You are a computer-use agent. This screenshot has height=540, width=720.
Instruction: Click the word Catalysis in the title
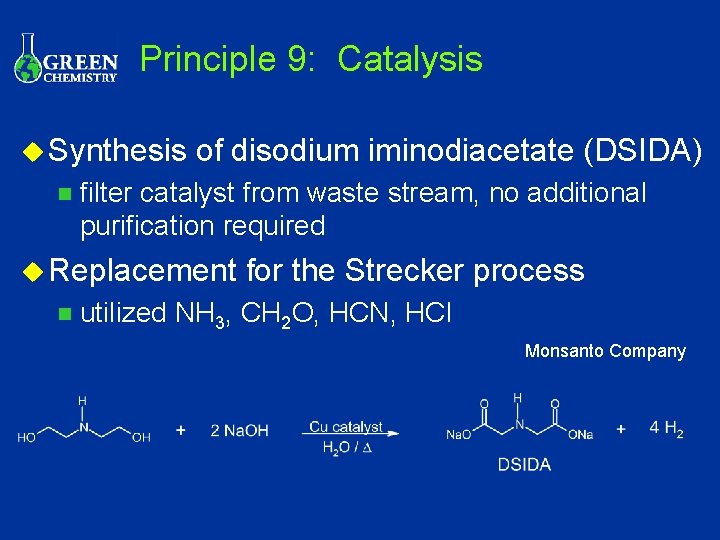(x=410, y=59)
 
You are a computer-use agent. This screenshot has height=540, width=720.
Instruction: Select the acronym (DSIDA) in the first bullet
(x=641, y=151)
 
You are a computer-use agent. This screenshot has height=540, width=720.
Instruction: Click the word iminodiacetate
(x=469, y=151)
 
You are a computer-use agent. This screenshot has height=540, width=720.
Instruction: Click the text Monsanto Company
(x=605, y=351)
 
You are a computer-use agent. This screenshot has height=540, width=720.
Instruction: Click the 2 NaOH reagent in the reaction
(x=239, y=431)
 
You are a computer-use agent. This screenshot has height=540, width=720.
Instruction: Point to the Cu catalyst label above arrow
(x=345, y=427)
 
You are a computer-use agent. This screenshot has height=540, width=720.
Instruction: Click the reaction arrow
(x=350, y=434)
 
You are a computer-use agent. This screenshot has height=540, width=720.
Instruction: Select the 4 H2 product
(x=666, y=429)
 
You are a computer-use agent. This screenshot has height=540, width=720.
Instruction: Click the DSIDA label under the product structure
(x=524, y=465)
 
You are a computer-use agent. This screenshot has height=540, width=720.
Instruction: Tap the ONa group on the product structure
(x=580, y=435)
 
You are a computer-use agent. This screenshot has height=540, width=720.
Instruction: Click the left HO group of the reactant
(x=27, y=436)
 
